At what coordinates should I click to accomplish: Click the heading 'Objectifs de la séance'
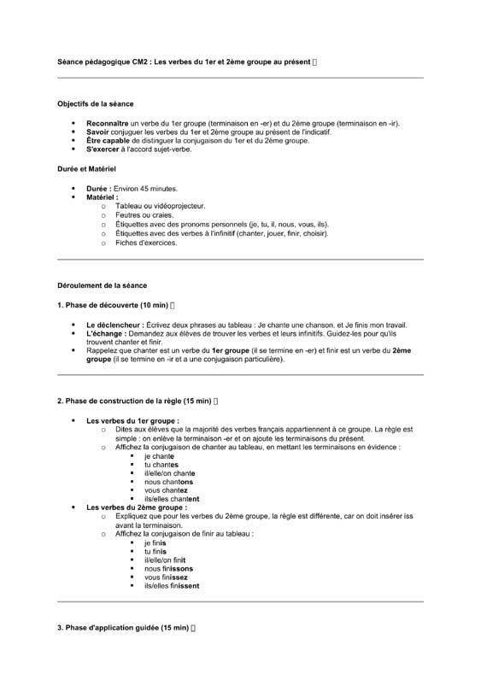[95, 104]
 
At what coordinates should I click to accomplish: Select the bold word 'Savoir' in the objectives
[98, 132]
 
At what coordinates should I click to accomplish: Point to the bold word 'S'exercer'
[103, 149]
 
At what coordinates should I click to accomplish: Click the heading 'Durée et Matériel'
[86, 169]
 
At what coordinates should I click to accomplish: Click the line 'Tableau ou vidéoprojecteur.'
[161, 206]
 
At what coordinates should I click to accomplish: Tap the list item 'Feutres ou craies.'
[144, 215]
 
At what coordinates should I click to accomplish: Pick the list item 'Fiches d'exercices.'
[146, 243]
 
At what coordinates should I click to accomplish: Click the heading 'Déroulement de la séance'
[102, 284]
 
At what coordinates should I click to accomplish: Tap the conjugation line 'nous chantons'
[168, 482]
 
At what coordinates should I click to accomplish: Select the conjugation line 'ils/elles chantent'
[172, 499]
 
